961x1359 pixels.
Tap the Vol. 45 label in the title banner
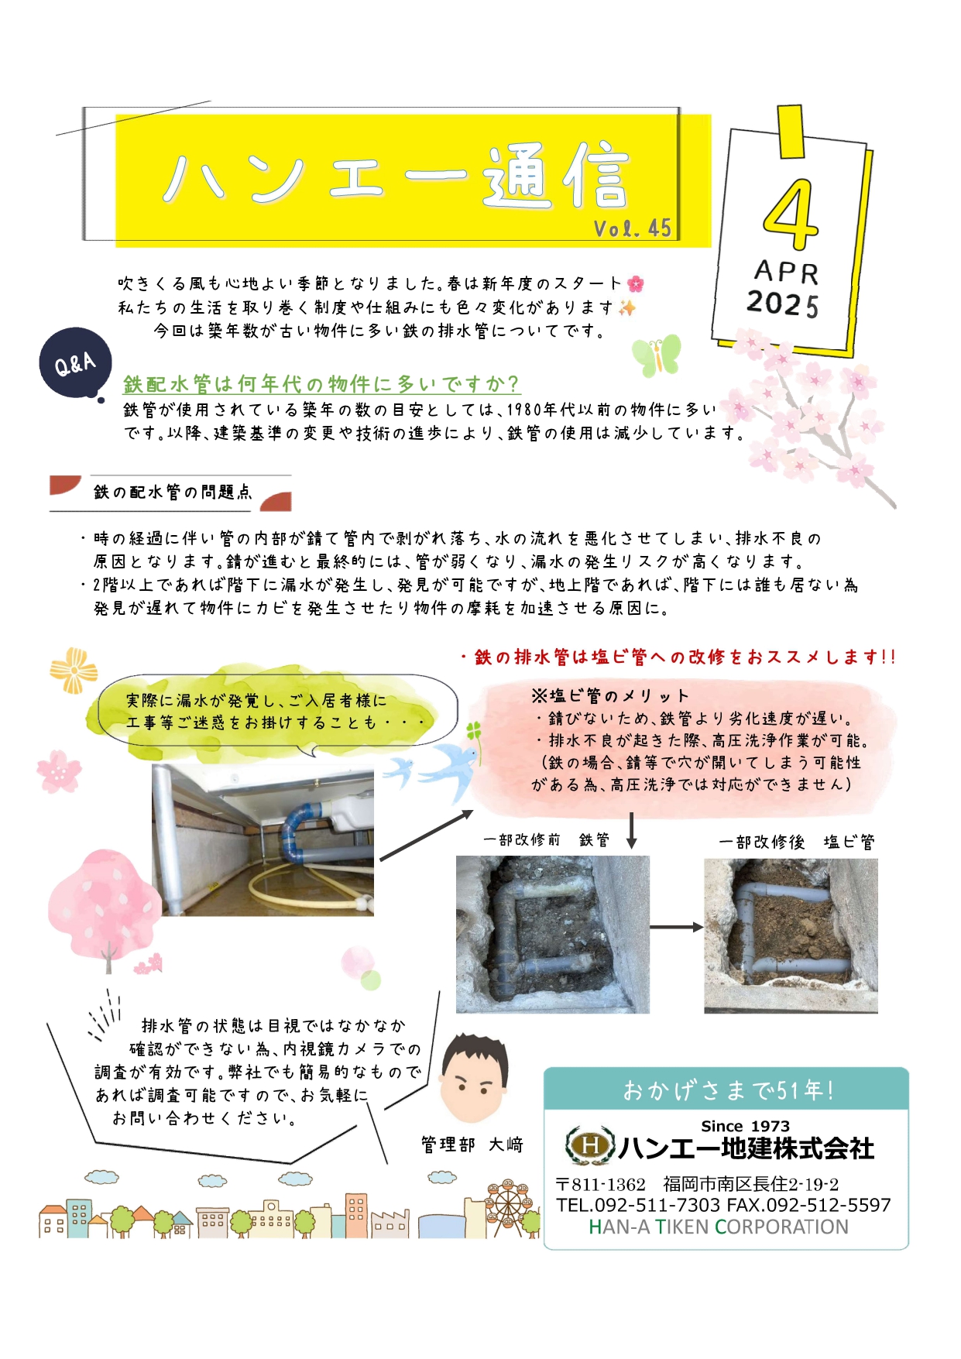[x=632, y=228]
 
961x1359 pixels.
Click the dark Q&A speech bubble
[x=76, y=362]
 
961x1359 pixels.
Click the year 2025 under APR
[x=782, y=303]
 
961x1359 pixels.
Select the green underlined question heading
[x=321, y=383]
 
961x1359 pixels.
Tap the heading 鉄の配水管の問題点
[x=172, y=492]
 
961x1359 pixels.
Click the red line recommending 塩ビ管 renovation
[x=678, y=657]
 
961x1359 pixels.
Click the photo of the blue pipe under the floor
[x=263, y=840]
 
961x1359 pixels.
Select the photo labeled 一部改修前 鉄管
[x=552, y=934]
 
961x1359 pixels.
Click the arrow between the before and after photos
[x=676, y=927]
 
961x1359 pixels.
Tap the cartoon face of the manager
[x=473, y=1077]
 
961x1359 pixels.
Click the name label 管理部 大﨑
[x=472, y=1145]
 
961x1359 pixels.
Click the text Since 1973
[x=745, y=1126]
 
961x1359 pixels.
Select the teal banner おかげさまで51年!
[x=726, y=1090]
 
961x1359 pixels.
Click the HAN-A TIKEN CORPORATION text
[x=718, y=1227]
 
